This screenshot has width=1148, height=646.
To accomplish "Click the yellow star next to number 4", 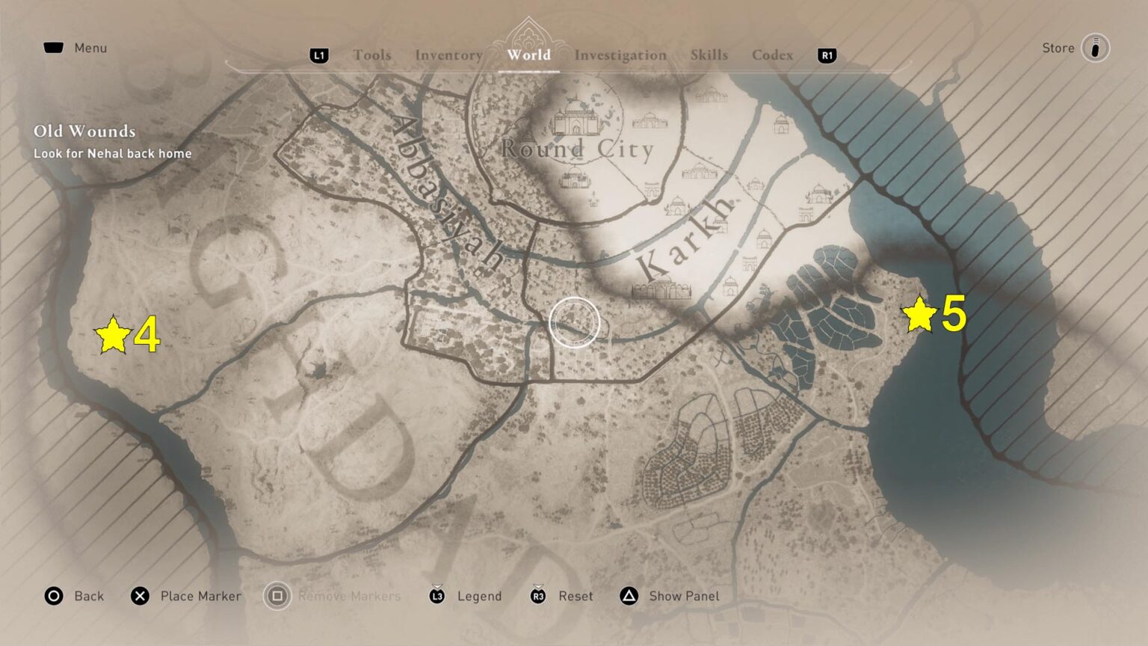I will [113, 335].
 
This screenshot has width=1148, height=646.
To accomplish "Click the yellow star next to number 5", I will [919, 314].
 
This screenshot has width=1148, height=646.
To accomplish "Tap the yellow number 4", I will [147, 336].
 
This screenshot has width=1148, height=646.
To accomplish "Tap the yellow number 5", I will [954, 313].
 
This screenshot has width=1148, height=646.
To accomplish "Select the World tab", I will [528, 55].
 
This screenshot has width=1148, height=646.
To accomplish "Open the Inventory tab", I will [448, 55].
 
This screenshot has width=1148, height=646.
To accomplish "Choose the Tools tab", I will [372, 55].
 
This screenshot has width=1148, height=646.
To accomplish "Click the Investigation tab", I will [620, 55].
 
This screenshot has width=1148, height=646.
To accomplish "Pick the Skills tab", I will [709, 55].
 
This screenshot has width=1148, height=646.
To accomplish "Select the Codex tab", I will [772, 55].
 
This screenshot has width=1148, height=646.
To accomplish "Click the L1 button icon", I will [319, 55].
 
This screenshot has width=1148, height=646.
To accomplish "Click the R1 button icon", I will [827, 55].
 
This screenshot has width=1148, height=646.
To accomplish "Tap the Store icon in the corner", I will [1095, 48].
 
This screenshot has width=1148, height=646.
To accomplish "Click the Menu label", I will [90, 48].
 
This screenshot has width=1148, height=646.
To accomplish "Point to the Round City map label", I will [577, 149].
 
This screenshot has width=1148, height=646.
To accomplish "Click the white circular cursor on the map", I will [574, 322].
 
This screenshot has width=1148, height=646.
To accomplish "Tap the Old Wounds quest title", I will [84, 131].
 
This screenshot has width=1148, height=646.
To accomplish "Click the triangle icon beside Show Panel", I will [629, 596].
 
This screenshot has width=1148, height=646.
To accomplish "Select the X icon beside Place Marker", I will [140, 596].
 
